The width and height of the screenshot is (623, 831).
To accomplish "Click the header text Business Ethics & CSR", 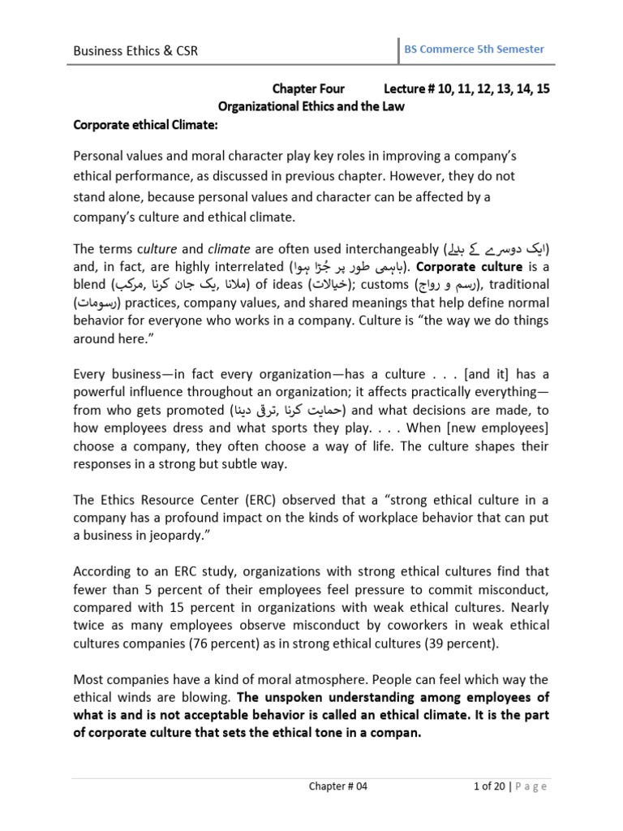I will [135, 51].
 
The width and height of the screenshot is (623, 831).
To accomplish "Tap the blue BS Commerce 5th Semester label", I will [474, 50].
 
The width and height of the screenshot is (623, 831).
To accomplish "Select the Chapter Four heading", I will [307, 89].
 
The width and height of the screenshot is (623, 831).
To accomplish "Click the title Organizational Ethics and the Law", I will [312, 107].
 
